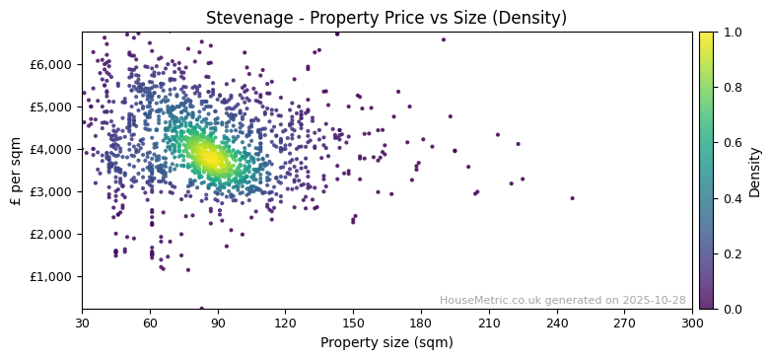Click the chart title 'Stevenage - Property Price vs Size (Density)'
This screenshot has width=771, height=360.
point(385,18)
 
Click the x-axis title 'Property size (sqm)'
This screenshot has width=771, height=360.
point(386,343)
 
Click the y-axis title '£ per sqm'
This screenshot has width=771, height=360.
point(16,170)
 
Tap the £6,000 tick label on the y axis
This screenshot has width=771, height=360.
point(51,64)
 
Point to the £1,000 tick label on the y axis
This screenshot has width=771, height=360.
point(51,276)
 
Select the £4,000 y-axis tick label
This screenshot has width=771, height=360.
point(51,149)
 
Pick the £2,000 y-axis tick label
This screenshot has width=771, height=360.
point(51,234)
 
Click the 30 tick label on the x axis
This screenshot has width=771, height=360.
point(82,323)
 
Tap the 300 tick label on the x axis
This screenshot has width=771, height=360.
point(692,323)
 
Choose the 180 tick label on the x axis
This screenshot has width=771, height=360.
point(421,323)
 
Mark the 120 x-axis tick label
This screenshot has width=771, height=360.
point(285,323)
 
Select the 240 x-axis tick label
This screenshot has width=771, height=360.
point(557,323)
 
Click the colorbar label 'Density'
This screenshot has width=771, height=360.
point(755,171)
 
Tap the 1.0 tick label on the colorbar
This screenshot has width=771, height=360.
point(732,33)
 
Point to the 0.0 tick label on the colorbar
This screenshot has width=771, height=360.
point(732,309)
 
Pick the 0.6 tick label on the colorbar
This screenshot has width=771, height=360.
point(732,143)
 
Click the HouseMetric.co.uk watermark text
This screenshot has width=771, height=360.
point(562,300)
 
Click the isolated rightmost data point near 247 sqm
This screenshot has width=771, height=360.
point(572,198)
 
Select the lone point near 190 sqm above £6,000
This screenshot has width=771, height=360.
point(444,39)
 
